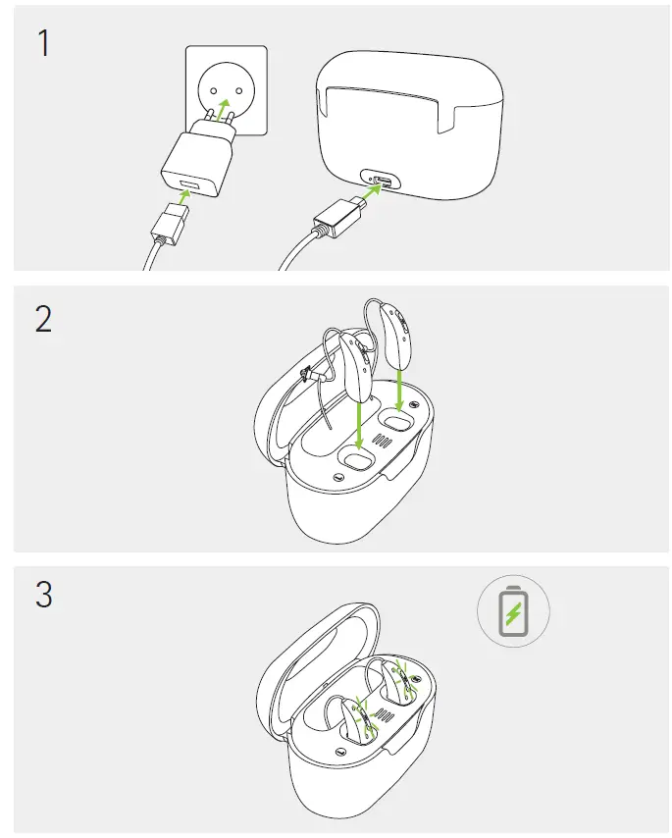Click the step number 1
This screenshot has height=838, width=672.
(43, 45)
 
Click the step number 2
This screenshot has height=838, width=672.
(43, 320)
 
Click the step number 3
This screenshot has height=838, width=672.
(43, 595)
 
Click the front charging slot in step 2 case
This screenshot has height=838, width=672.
(357, 457)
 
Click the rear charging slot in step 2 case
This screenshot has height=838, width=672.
(397, 422)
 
